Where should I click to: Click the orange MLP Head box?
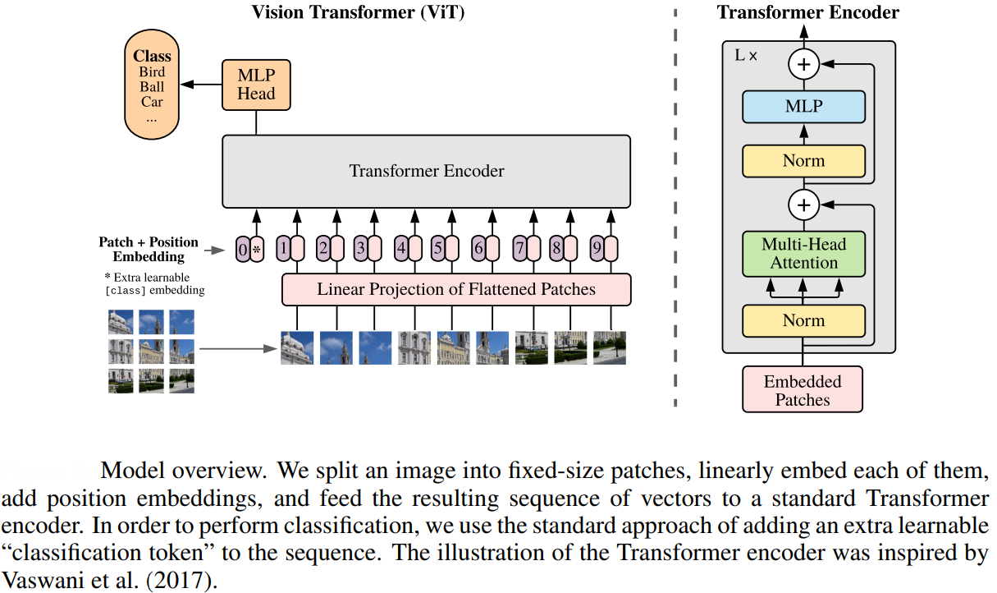(x=256, y=85)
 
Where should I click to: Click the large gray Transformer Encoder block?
(x=426, y=172)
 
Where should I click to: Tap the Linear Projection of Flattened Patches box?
(x=456, y=289)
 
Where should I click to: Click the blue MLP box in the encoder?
(x=803, y=106)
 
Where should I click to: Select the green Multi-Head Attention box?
(x=803, y=253)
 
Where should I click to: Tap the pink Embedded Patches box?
(x=803, y=390)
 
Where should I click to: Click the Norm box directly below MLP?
(x=803, y=161)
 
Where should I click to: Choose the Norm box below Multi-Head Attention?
(x=803, y=320)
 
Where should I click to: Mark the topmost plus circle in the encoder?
(x=803, y=63)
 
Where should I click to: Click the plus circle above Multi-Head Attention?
(x=803, y=204)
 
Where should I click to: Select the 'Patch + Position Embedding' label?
(x=149, y=249)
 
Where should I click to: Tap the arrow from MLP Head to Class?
(x=202, y=85)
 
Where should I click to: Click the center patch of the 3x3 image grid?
(x=151, y=351)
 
